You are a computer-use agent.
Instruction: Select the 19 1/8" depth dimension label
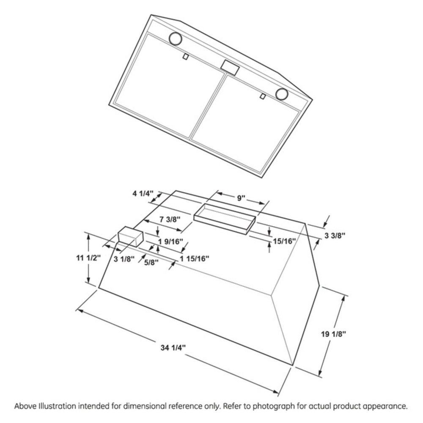(x=334, y=334)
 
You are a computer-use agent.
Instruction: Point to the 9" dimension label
(x=241, y=198)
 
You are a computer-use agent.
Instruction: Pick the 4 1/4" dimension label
(x=141, y=194)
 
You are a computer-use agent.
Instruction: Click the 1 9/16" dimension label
(x=170, y=242)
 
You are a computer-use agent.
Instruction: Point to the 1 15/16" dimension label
(x=195, y=258)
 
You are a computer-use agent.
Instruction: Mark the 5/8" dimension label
(x=151, y=262)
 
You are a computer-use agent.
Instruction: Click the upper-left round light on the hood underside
(x=175, y=39)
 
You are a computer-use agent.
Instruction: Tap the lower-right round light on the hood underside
(x=282, y=94)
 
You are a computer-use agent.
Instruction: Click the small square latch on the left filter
(x=185, y=56)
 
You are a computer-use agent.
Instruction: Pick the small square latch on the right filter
(x=263, y=97)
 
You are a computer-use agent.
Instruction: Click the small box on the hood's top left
(x=130, y=236)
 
